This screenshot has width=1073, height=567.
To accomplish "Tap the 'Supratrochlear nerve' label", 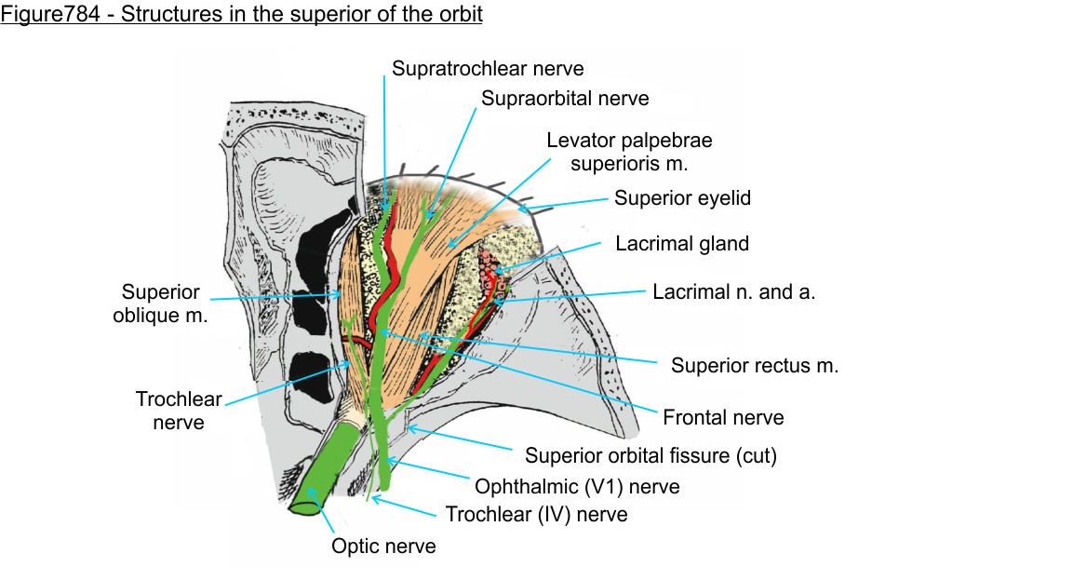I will pyautogui.click(x=488, y=68).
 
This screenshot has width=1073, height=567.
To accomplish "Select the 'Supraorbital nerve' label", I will pyautogui.click(x=565, y=98).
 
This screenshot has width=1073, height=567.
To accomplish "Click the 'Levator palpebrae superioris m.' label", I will pyautogui.click(x=629, y=152).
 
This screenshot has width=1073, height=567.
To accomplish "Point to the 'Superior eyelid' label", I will pyautogui.click(x=682, y=198).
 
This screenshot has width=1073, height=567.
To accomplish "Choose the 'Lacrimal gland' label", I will pyautogui.click(x=682, y=244).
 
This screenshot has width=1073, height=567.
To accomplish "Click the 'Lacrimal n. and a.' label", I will pyautogui.click(x=734, y=291).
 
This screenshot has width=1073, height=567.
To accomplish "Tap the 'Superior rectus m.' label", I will pyautogui.click(x=755, y=365).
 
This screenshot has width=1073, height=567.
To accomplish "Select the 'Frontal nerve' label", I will pyautogui.click(x=723, y=417).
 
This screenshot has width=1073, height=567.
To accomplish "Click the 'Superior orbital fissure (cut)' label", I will pyautogui.click(x=651, y=456).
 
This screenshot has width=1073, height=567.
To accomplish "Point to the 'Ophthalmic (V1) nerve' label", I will pyautogui.click(x=577, y=486).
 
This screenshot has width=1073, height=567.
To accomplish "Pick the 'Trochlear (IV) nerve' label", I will pyautogui.click(x=536, y=514).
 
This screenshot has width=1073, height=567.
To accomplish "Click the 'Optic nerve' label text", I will pyautogui.click(x=383, y=546).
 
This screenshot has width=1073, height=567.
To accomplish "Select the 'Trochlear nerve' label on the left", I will pyautogui.click(x=179, y=411).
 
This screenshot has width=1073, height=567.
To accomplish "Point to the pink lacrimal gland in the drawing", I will pyautogui.click(x=491, y=265).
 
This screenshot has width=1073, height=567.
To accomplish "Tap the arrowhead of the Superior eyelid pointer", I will pyautogui.click(x=524, y=207).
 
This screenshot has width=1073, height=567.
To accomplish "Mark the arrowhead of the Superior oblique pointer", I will pyautogui.click(x=342, y=295).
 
